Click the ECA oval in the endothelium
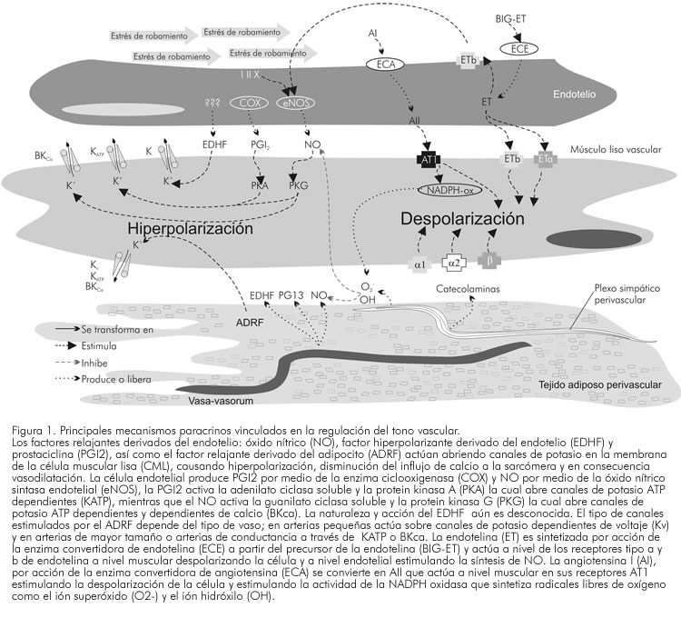(385, 64)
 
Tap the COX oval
(257, 105)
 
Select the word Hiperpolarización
(189, 229)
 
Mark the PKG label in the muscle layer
(298, 184)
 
